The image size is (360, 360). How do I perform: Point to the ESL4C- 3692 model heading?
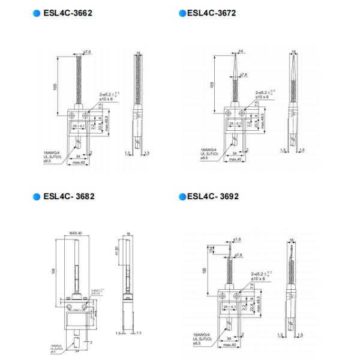213,196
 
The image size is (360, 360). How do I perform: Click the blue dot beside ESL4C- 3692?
182,196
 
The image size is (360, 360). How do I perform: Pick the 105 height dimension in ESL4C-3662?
54,86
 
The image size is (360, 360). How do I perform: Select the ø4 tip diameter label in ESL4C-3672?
239,50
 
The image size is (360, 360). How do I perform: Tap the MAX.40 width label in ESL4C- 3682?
75,233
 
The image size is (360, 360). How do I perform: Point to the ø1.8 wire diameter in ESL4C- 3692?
238,239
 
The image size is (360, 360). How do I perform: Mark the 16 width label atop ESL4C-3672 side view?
294,52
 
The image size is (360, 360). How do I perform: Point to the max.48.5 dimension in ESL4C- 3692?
259,306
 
